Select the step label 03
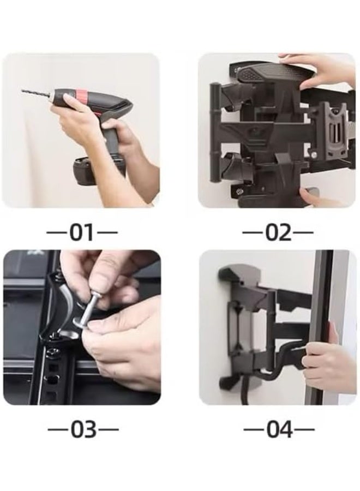(x=82, y=429)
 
